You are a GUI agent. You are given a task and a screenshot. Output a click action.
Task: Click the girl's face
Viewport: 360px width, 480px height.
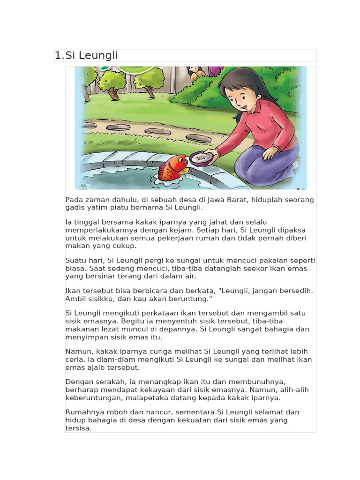point(237,96)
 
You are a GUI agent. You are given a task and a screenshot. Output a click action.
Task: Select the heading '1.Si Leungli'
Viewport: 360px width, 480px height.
point(86,56)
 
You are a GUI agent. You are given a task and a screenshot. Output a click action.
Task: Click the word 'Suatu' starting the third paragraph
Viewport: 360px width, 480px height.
point(76,261)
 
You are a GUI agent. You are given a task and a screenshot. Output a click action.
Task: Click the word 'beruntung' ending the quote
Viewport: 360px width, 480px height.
point(195,299)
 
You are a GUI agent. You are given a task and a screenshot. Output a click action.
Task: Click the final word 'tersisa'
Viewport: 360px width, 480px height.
point(78,428)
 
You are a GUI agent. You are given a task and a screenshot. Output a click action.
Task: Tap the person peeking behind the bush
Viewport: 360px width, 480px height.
point(195,71)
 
